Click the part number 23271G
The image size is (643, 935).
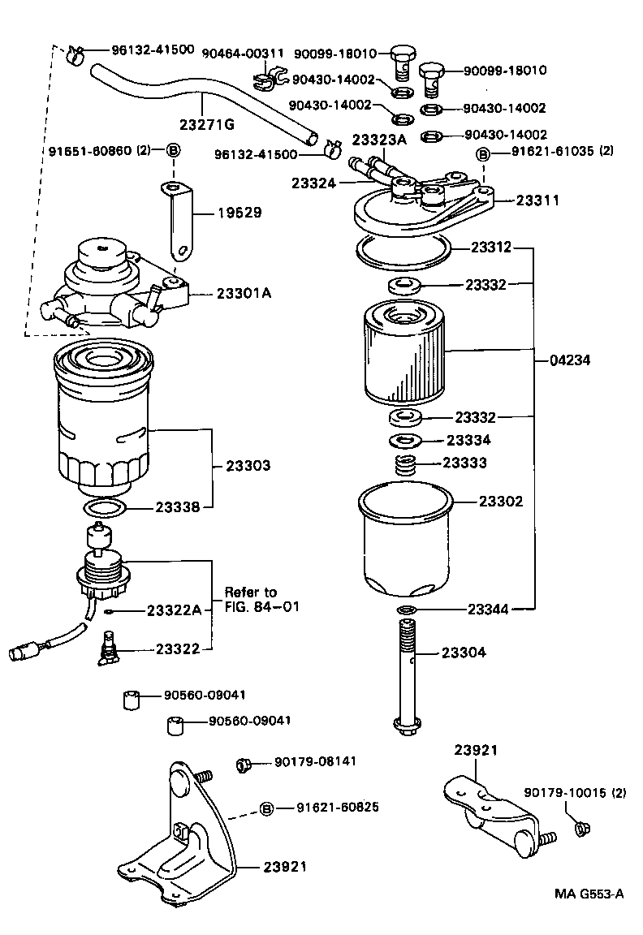[206, 123]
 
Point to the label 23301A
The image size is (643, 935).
[244, 293]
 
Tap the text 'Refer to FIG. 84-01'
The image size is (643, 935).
[256, 599]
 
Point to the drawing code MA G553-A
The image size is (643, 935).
[589, 894]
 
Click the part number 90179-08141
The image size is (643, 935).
[315, 761]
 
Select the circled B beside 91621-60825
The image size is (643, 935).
[265, 808]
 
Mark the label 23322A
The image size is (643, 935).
[174, 610]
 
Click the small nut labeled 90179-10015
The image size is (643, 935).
[580, 828]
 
